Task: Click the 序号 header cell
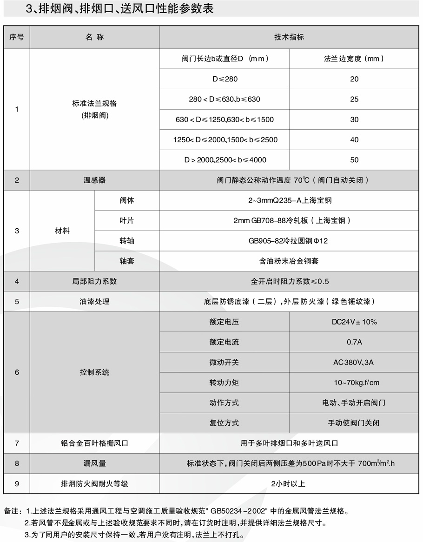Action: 17,37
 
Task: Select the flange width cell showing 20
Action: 354,79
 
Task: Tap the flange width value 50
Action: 354,160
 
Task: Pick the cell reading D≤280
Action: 225,79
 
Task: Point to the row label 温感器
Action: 94,180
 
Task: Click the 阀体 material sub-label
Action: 126,201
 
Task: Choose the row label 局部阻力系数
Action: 94,281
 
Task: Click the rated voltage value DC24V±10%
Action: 354,322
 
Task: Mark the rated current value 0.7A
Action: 354,342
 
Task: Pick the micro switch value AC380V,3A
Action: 354,362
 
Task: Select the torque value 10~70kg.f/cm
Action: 354,383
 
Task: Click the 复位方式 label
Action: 224,423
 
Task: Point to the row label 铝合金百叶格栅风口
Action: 94,443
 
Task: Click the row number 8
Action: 17,463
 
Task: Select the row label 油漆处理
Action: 94,302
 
